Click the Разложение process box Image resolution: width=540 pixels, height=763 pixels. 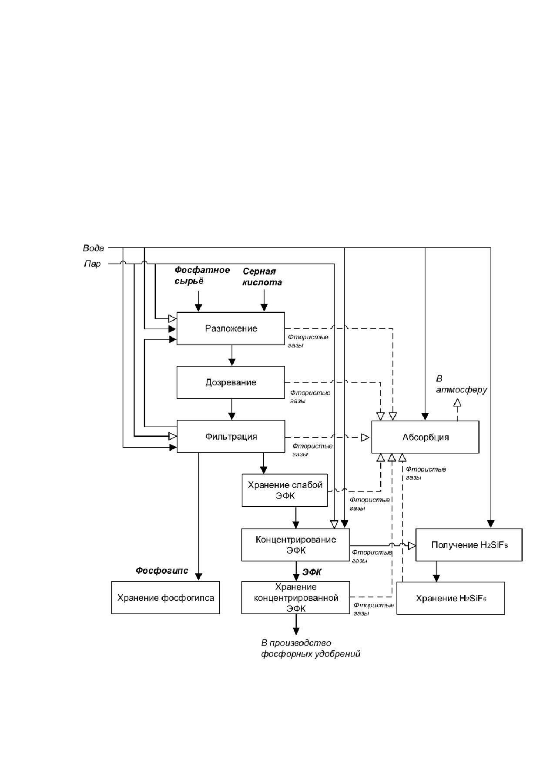click(231, 328)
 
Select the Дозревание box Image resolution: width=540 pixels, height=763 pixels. click(231, 382)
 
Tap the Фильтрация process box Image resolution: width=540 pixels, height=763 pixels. click(231, 436)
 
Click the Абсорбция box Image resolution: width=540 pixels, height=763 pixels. click(425, 437)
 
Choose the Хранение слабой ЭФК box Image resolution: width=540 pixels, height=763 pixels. click(285, 490)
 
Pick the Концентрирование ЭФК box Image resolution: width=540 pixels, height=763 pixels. click(295, 545)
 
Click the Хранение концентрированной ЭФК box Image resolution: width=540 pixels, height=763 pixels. click(295, 598)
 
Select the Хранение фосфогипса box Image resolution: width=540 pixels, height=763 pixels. click(165, 598)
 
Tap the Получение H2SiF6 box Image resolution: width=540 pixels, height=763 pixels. click(469, 545)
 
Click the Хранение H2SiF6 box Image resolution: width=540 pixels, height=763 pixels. click(451, 598)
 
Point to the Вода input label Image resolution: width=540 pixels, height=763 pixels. click(94, 248)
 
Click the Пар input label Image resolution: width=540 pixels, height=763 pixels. click(92, 264)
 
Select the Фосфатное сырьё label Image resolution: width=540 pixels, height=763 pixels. click(202, 275)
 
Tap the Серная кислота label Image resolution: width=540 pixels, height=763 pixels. click(262, 277)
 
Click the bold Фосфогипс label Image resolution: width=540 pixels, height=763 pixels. click(162, 570)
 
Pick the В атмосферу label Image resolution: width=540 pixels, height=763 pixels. click(462, 385)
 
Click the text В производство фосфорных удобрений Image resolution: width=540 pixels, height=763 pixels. click(311, 648)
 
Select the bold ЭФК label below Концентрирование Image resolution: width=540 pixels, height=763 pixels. click(312, 572)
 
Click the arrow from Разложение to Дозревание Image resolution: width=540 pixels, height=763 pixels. click(232, 355)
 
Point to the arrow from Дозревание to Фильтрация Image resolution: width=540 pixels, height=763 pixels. click(232, 409)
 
